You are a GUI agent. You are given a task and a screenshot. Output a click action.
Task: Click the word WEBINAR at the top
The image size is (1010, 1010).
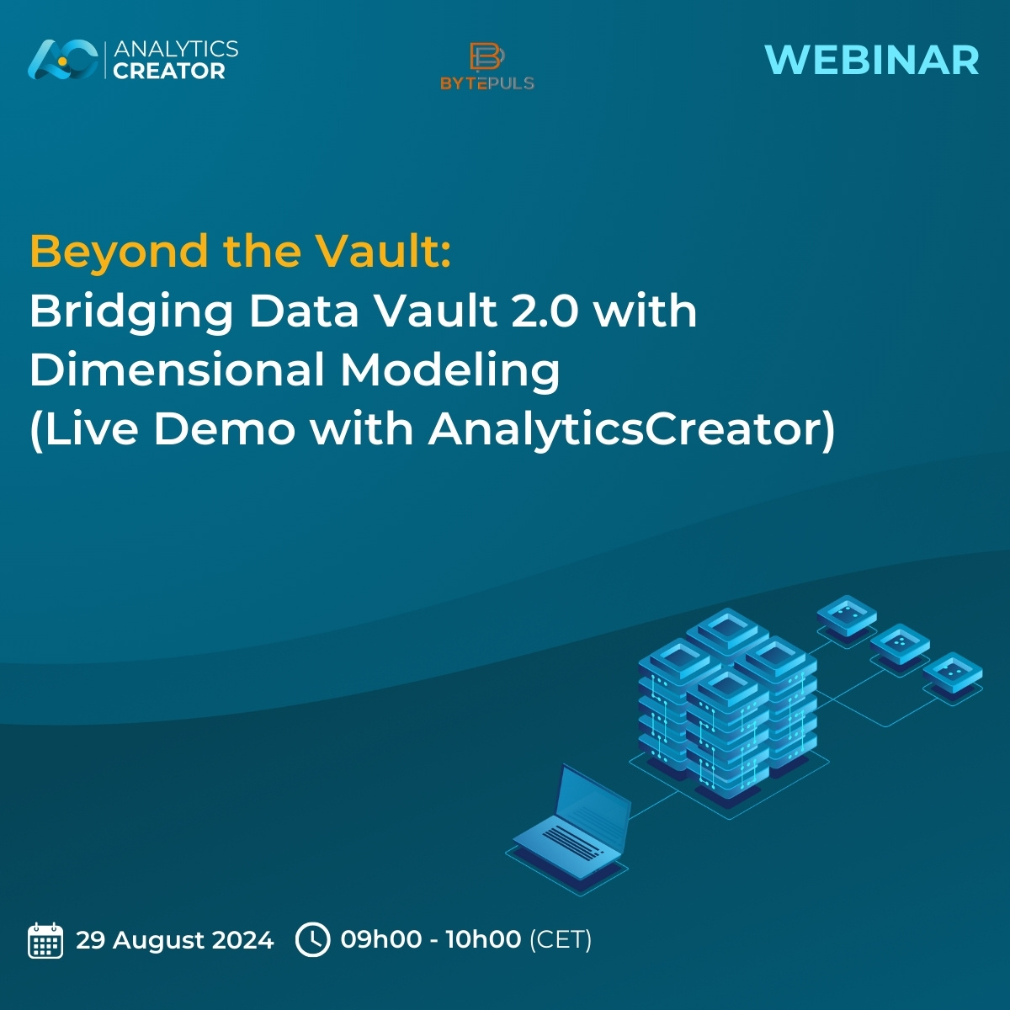[x=871, y=61]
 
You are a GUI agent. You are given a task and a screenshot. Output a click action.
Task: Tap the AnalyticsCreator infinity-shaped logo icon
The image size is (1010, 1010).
[x=63, y=60]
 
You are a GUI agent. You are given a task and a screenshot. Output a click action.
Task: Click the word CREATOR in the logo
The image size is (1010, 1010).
[x=169, y=72]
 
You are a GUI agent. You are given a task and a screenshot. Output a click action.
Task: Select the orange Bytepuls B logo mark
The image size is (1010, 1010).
[x=486, y=57]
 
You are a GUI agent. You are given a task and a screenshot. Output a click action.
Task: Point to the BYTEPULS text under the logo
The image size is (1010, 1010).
[x=486, y=83]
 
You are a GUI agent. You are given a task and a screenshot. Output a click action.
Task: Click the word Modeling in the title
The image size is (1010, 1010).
[x=449, y=371]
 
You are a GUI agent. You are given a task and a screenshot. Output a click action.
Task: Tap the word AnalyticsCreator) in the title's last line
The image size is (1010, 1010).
[x=631, y=429]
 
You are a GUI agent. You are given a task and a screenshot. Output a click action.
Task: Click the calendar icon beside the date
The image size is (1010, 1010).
[x=45, y=940]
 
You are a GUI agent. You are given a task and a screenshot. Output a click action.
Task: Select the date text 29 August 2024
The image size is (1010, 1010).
[x=174, y=939]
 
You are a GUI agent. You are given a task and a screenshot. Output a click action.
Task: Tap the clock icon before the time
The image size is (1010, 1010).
[x=313, y=939]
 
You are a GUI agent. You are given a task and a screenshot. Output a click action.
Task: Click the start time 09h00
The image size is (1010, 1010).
[x=380, y=939]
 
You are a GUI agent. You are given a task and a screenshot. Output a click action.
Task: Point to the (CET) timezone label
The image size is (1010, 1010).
[x=560, y=939]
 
